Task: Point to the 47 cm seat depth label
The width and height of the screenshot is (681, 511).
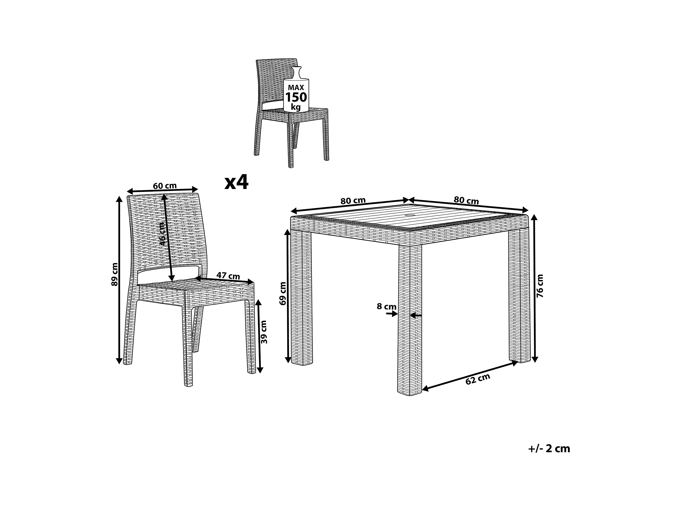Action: pos(228,276)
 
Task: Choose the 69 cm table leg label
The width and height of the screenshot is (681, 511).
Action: pos(283,293)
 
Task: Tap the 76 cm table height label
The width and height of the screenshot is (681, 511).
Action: pos(540,286)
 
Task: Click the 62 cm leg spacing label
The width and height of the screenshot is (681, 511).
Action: pos(477,379)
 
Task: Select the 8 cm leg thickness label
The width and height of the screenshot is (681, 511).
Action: pos(387,306)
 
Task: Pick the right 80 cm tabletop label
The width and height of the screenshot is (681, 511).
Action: pos(466,201)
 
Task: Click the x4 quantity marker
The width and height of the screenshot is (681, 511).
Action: pos(236,182)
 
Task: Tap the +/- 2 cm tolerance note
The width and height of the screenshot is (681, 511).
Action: pos(549,448)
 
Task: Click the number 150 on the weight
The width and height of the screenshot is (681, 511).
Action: pos(296,97)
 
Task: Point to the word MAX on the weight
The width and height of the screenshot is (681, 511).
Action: pos(296,87)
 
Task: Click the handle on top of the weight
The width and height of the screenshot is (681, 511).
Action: pos(297,73)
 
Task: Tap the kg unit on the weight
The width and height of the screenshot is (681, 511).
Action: pos(296,107)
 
